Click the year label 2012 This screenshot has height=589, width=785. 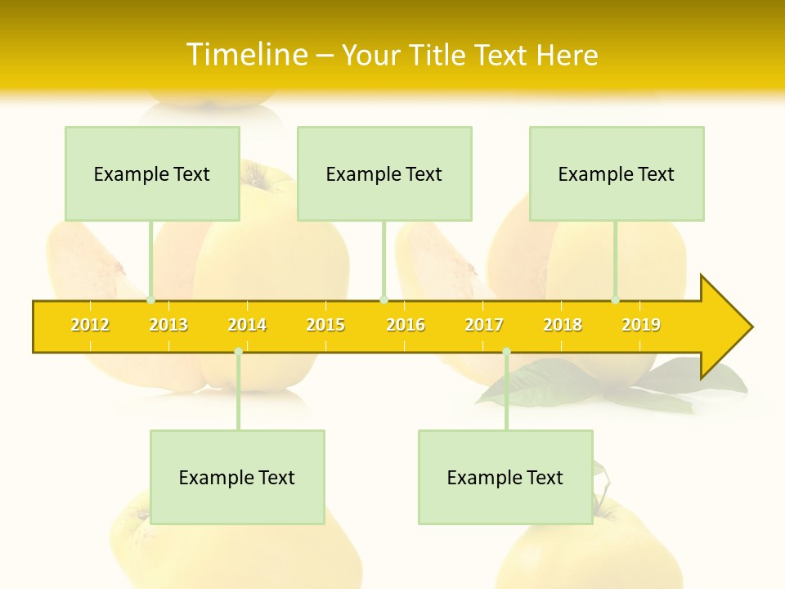[90, 325]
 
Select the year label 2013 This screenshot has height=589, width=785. [168, 325]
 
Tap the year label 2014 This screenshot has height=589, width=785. [247, 325]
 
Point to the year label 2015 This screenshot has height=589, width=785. [325, 325]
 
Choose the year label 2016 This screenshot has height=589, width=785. [406, 325]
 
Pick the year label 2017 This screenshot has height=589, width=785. [484, 325]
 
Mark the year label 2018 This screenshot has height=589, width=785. [563, 325]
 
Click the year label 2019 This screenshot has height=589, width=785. [641, 325]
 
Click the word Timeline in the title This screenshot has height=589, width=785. [246, 55]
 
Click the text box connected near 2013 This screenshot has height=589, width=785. [152, 173]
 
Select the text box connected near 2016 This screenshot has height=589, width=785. [384, 173]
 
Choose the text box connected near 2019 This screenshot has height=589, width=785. [617, 173]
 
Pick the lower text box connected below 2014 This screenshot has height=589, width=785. [237, 477]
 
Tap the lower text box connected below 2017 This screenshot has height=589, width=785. [505, 477]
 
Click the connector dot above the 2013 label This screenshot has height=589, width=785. [151, 300]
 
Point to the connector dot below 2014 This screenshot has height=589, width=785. [238, 352]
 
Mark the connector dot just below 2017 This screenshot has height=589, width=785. [506, 352]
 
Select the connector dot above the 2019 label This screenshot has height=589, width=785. [616, 300]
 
